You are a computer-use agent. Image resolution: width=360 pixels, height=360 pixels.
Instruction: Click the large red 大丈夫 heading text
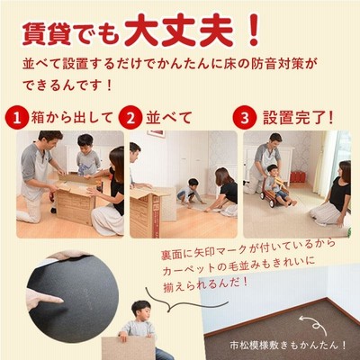[179, 31]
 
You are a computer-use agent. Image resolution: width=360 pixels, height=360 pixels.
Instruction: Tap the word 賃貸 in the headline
[47, 34]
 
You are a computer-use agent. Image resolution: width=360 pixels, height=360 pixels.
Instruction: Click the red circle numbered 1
[16, 119]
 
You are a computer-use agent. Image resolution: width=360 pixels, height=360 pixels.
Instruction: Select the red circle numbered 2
[130, 119]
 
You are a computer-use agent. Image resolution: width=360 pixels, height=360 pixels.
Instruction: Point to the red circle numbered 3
[245, 118]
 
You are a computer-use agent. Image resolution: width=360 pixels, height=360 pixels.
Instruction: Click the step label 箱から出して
[72, 117]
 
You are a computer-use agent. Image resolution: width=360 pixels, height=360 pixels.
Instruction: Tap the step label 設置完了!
[298, 117]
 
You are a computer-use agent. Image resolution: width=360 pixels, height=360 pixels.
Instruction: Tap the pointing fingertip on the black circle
[59, 299]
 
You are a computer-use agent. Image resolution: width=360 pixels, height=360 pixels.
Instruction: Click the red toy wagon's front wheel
[273, 202]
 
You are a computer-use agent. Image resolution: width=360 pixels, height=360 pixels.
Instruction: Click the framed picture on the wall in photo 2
[156, 134]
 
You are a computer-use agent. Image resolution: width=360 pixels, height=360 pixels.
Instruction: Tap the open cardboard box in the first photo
[76, 200]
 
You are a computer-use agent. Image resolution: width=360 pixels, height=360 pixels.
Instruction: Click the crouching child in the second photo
[188, 193]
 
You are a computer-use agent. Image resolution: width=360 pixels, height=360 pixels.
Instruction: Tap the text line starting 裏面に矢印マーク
[247, 248]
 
